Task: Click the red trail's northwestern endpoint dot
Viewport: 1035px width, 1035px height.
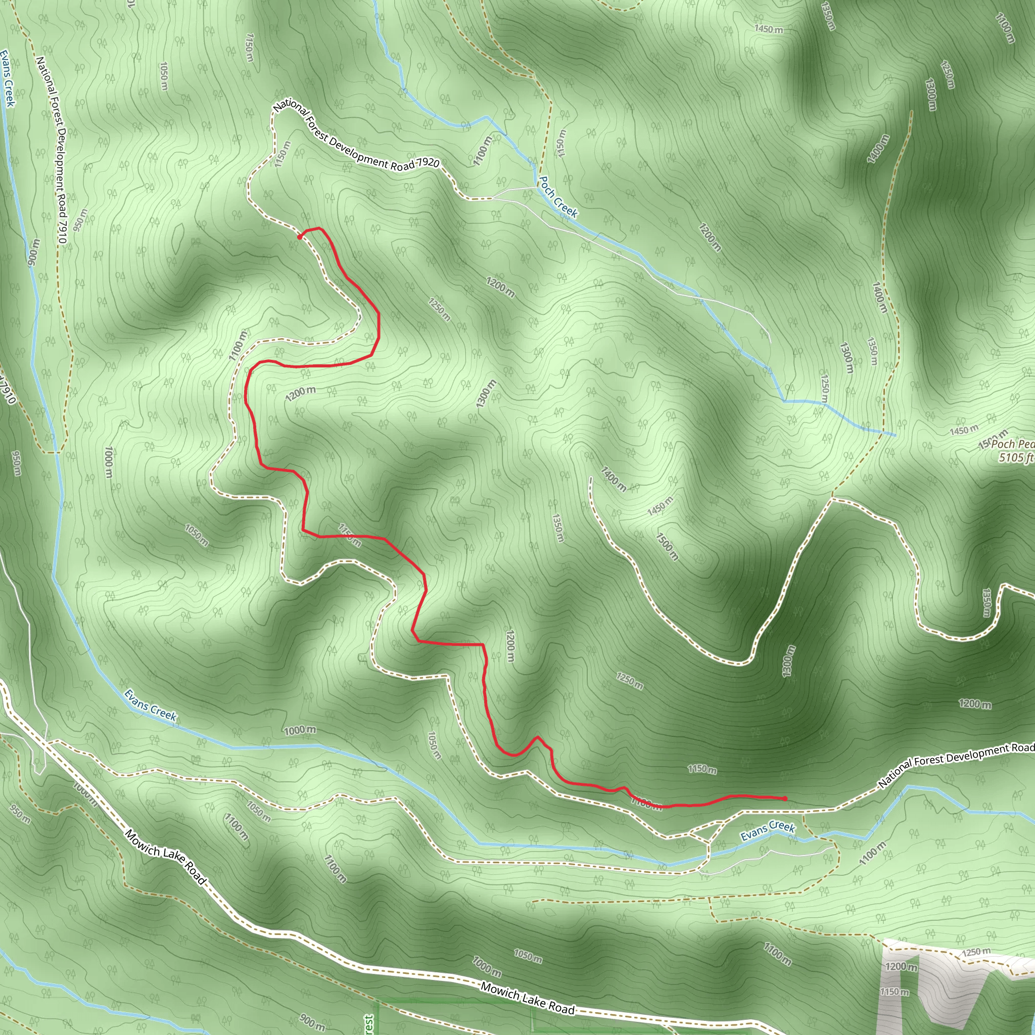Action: coord(300,237)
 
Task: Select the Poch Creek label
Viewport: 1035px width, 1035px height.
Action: coord(558,197)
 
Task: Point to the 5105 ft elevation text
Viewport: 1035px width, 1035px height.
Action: coord(1016,457)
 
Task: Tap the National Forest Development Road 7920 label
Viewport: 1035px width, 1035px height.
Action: coord(356,136)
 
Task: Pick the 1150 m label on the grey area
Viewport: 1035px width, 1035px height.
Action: coord(894,992)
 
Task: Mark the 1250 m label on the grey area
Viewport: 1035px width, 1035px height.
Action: coord(976,952)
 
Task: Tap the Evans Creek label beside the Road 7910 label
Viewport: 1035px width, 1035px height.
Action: coord(8,78)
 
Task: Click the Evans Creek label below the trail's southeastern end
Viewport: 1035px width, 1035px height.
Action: coord(768,830)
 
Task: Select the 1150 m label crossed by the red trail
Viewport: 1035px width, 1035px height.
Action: coord(349,535)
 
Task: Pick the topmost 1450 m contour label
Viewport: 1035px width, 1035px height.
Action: coord(768,29)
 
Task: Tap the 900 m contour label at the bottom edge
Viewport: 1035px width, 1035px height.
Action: coord(312,1023)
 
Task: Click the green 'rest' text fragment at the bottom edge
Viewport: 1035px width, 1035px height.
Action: coord(368,1024)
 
